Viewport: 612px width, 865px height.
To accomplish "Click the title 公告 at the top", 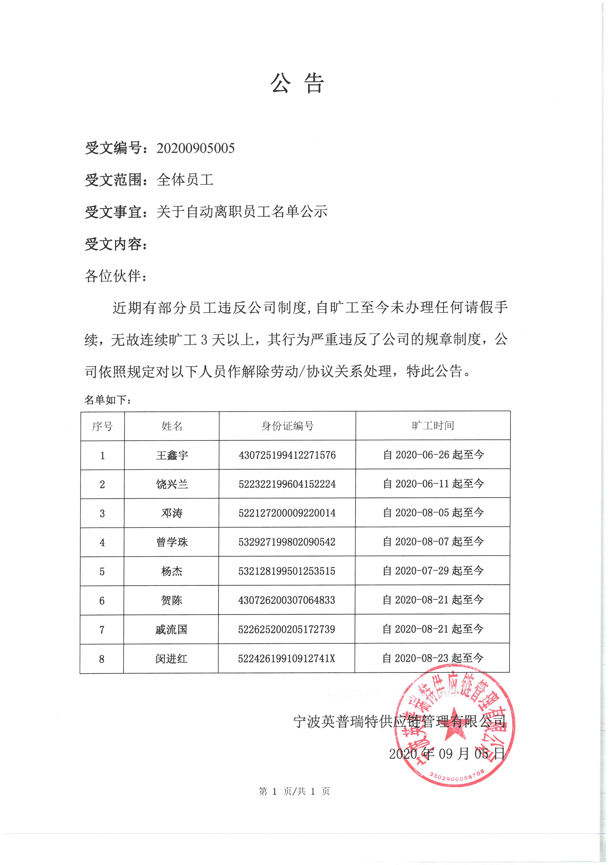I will coord(297,83).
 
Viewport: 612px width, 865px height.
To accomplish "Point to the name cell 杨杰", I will coord(172,571).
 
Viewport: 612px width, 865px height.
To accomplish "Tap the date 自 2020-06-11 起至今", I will coord(433,483).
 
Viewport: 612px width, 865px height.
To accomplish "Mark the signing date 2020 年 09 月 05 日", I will coord(447,754).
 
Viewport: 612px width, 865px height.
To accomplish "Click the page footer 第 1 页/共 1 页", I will coord(294,791).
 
